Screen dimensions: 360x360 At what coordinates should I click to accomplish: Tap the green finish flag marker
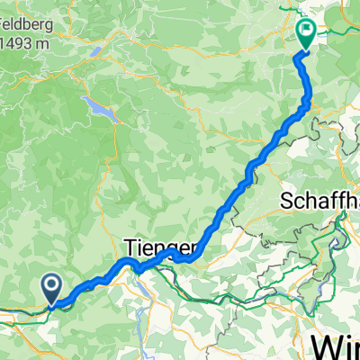(306, 34)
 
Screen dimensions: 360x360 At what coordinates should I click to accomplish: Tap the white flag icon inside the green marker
(306, 31)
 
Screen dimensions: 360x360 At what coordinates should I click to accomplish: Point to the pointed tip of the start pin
(51, 303)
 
